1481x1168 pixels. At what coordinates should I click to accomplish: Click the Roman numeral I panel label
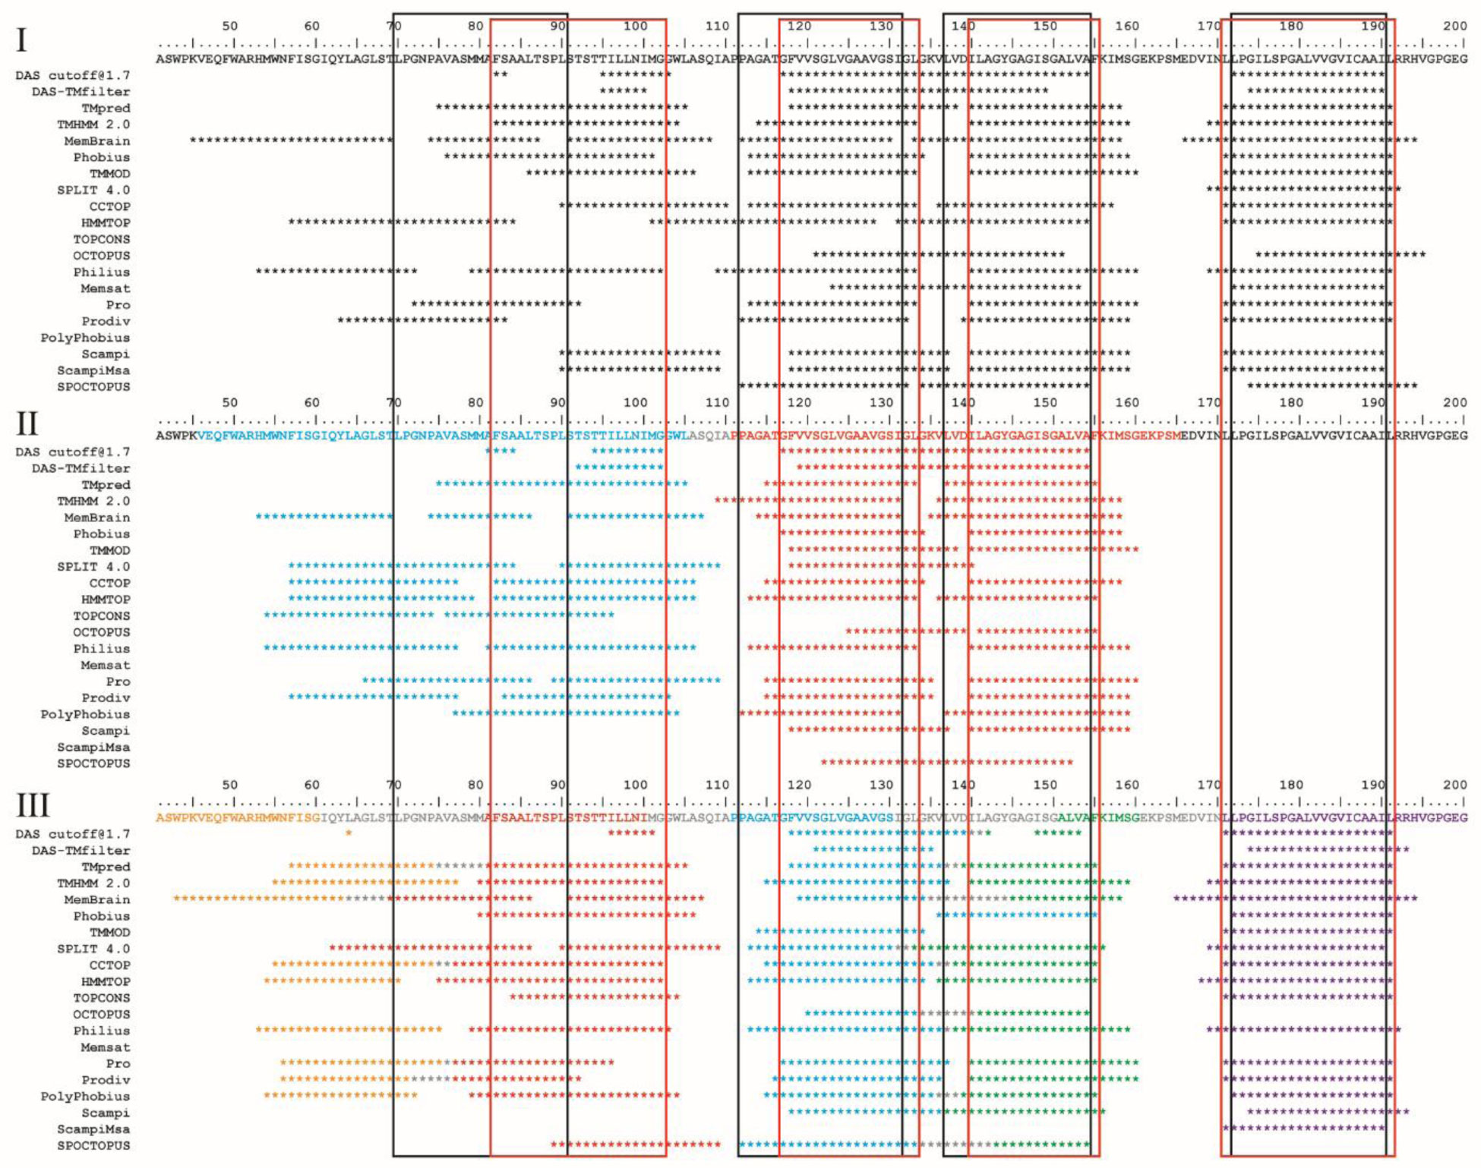coord(22,39)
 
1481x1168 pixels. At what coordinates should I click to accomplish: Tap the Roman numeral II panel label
coord(27,423)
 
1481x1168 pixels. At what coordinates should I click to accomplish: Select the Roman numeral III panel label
coord(33,805)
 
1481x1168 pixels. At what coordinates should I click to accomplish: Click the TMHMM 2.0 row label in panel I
coord(93,124)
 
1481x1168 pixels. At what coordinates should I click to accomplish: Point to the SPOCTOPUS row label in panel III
coord(93,1146)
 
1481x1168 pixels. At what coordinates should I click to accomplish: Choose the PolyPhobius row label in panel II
coord(85,715)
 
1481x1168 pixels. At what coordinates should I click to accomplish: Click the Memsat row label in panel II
coord(106,666)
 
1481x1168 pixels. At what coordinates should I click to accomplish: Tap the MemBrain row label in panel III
coord(97,900)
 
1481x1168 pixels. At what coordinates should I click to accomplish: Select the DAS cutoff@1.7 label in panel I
coord(73,75)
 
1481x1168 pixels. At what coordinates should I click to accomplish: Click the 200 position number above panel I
coord(1454,26)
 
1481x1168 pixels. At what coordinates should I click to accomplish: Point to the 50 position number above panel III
coord(229,785)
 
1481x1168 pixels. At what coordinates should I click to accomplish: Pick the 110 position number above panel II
coord(717,403)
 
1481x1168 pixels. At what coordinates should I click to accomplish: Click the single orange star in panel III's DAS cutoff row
coord(349,833)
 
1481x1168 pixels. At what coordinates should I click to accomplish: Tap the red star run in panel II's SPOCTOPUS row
coord(946,762)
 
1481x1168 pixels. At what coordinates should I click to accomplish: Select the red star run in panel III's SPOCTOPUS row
coord(636,1144)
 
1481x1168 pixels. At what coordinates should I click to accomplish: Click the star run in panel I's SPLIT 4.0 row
coord(1303,190)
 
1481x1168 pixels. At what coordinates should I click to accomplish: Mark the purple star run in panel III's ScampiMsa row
coord(1303,1129)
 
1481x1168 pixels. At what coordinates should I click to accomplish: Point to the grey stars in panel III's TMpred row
coord(460,866)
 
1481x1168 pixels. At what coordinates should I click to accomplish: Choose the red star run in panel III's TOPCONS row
coord(595,997)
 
